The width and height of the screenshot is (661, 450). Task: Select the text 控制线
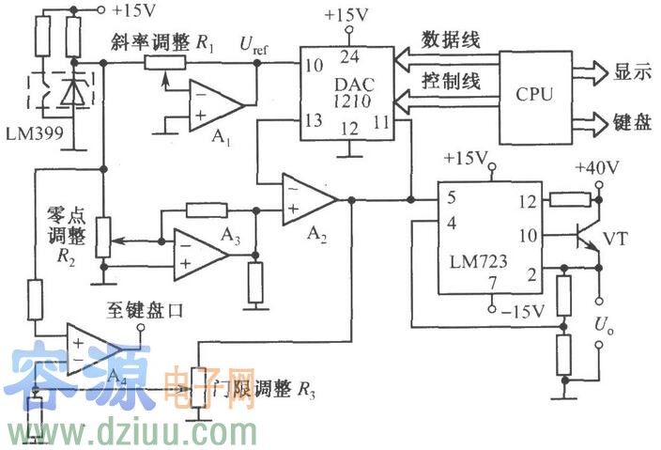click(x=452, y=81)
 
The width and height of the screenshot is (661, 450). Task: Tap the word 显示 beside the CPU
click(x=634, y=71)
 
